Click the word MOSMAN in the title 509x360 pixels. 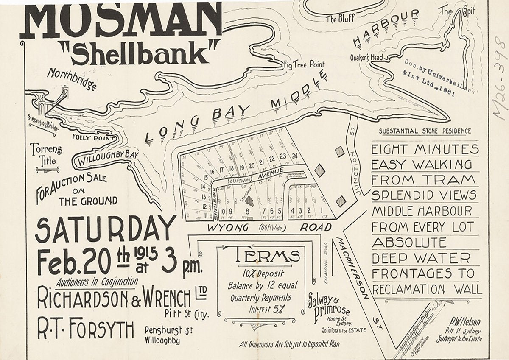tap(121, 19)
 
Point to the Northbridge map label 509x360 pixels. tap(72, 79)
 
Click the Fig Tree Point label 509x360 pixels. tap(304, 64)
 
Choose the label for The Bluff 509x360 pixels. tap(340, 18)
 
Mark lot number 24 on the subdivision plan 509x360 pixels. tap(294, 156)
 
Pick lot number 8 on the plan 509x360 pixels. tap(246, 211)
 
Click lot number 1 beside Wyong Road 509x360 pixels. tap(322, 210)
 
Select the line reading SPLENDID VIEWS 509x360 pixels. tap(424, 195)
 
